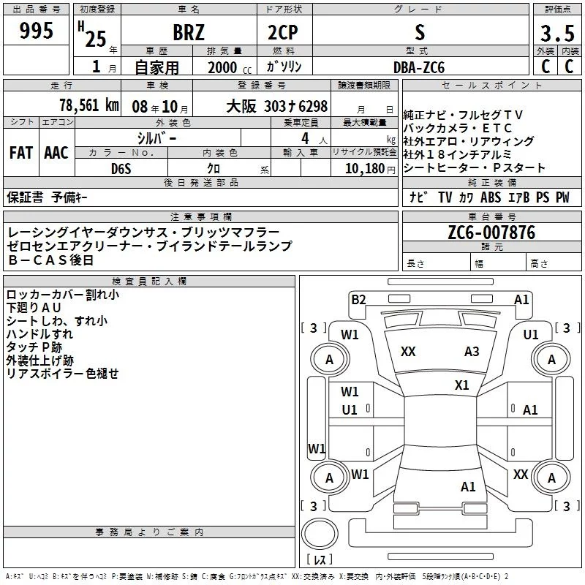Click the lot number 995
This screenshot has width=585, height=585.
pos(37,31)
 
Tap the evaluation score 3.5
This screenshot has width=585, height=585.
pos(557,33)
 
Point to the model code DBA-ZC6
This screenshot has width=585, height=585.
pos(418,67)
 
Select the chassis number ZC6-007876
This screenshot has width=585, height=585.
pos(491,233)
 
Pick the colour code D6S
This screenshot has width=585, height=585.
pos(121,168)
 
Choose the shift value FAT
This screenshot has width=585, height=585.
pos(20,153)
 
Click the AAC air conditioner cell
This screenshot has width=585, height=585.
pos(56,153)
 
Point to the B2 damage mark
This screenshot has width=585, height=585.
pos(358,298)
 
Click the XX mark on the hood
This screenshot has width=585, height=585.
pos(408,352)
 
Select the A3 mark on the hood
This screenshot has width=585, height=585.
pos(472,352)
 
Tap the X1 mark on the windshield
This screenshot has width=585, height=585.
pos(461,385)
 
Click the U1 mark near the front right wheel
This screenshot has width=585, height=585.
pos(532,335)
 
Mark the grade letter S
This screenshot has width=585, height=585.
pos(418,32)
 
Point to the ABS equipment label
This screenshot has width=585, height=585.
pos(491,197)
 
